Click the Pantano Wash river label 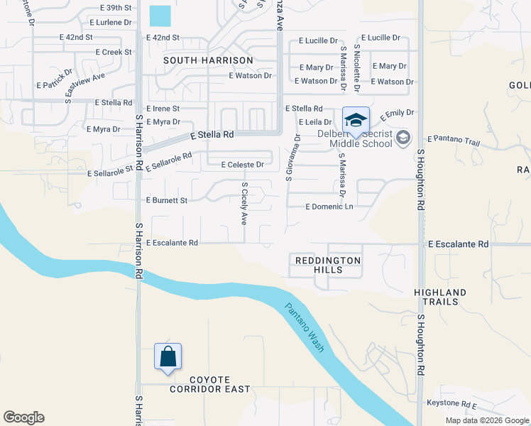tap(305, 328)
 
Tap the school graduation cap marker tap(355, 119)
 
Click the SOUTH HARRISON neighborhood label tap(208, 61)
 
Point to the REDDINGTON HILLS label tap(327, 265)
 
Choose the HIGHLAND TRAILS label tap(440, 297)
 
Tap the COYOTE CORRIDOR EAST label tap(210, 383)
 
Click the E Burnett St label tap(166, 201)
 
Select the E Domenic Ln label tap(329, 207)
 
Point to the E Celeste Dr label tap(242, 165)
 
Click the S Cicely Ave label tap(244, 204)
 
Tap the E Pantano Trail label tap(454, 141)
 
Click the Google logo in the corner tap(23, 417)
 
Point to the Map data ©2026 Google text tap(486, 420)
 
